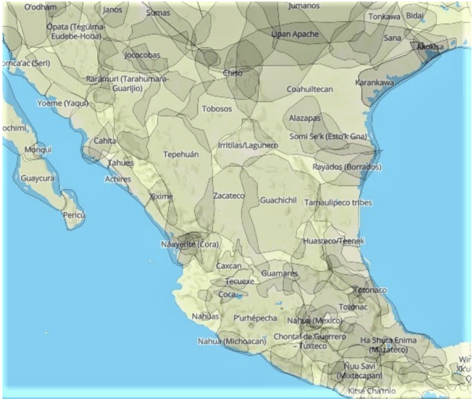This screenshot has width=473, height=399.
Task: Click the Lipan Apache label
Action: point(295,34)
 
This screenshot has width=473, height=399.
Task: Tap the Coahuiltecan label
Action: point(309,89)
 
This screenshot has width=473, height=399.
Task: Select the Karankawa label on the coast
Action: point(374,83)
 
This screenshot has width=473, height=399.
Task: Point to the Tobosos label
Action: point(217,109)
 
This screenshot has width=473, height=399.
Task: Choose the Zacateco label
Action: point(229,196)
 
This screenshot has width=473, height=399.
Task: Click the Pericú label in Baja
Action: point(74,215)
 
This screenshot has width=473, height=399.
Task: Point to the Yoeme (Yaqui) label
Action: point(62,103)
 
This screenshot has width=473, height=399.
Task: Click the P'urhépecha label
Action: point(255,318)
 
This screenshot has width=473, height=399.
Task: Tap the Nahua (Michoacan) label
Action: point(232,341)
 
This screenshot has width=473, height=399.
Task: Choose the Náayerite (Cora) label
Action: point(189,244)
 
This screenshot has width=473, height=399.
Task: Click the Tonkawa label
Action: point(384,17)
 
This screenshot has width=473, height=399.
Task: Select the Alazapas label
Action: point(304,118)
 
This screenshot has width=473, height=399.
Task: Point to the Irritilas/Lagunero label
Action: point(248,145)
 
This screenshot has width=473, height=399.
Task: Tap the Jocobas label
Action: point(142,55)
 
